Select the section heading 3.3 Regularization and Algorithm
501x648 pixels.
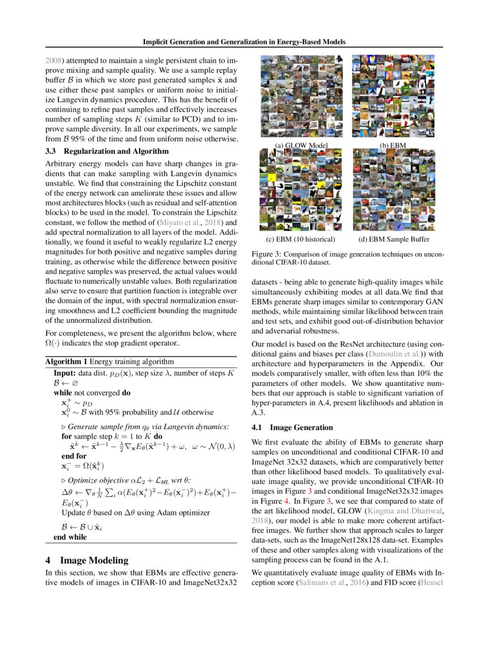[x=100, y=151]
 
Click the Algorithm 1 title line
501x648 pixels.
[x=109, y=361]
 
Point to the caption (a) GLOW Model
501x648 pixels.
[x=301, y=145]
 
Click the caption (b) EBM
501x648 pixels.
[x=394, y=145]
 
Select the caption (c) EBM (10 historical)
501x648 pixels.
[x=301, y=239]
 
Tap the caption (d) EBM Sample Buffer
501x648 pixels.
[x=394, y=239]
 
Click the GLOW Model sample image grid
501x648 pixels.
[x=301, y=97]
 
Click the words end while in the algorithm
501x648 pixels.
[x=70, y=537]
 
